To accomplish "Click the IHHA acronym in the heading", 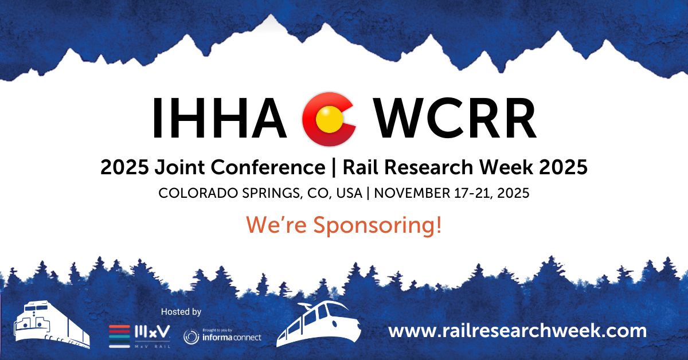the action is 220,118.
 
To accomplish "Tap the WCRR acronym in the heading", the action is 456,118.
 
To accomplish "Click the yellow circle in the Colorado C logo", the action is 329,119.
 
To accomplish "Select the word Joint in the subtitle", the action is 179,168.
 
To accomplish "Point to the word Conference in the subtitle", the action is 268,167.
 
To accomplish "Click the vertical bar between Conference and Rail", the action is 334,168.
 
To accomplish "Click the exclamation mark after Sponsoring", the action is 438,225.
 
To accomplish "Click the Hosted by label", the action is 181,312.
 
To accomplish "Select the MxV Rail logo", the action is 140,336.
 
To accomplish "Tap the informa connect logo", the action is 222,336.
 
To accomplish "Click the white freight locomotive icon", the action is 52,326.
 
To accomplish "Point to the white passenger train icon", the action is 319,324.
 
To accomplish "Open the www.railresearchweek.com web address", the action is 517,331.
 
